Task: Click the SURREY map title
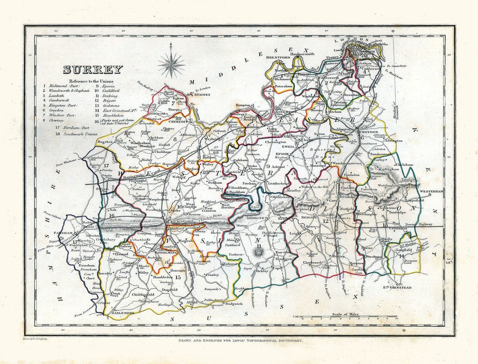point(93,70)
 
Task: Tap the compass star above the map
point(171,65)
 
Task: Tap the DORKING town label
point(255,218)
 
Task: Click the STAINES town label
point(201,94)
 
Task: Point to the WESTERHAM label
point(431,191)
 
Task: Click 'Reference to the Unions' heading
point(91,81)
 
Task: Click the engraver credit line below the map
point(240,341)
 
